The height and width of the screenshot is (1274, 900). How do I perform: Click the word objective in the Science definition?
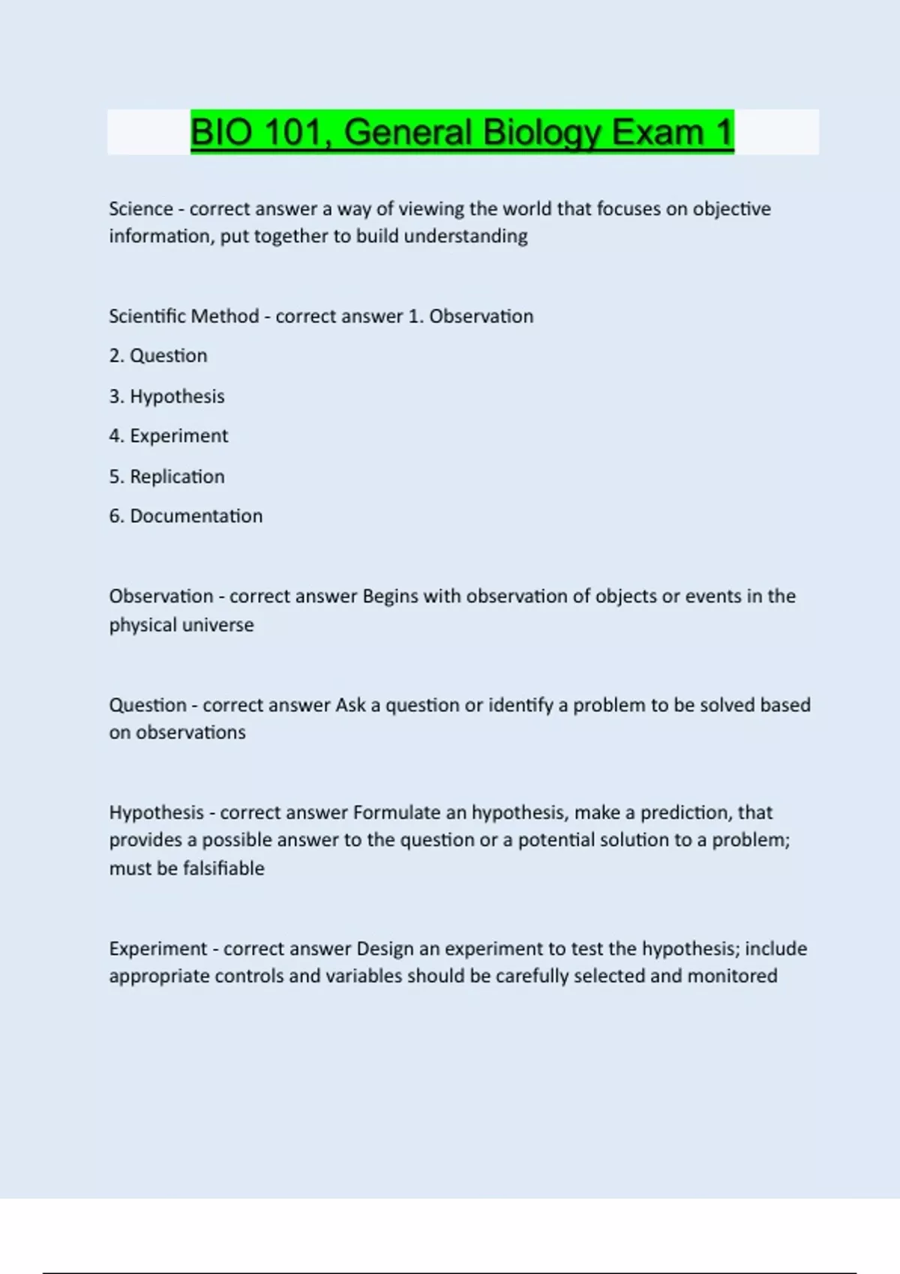tap(731, 208)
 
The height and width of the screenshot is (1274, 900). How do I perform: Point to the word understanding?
tap(466, 236)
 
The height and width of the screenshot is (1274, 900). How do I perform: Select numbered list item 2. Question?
tap(158, 356)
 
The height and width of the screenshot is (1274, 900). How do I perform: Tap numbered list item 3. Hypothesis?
tap(166, 396)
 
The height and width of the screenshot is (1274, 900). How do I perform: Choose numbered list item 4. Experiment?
tap(169, 436)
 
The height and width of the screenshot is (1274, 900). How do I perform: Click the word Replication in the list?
tap(177, 477)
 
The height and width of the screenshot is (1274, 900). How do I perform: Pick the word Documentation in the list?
tap(196, 516)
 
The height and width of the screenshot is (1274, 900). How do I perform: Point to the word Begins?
tap(390, 597)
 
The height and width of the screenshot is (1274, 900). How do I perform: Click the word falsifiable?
tap(223, 869)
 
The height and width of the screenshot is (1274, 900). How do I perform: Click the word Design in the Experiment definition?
tap(385, 949)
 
